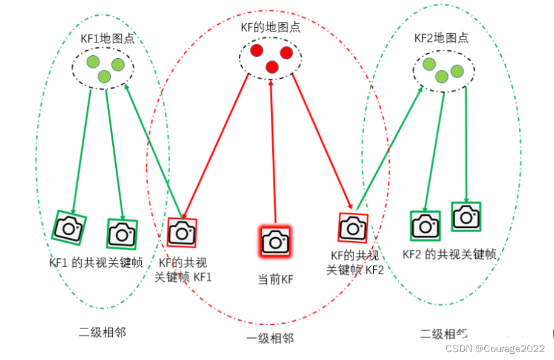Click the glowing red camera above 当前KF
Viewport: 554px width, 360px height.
(276, 241)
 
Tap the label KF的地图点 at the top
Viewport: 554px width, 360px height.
(270, 27)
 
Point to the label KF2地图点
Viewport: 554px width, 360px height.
(441, 38)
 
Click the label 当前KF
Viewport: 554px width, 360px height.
(276, 279)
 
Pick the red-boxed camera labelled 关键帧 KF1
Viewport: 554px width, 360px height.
(181, 232)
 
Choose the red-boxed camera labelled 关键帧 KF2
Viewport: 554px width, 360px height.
(352, 227)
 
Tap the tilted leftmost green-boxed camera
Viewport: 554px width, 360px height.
(69, 227)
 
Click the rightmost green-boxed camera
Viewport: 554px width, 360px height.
(466, 216)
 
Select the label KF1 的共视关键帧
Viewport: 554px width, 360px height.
(96, 262)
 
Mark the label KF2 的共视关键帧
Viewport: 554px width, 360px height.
(449, 254)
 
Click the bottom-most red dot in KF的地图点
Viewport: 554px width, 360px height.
(272, 67)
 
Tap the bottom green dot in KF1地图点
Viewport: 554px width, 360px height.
(104, 76)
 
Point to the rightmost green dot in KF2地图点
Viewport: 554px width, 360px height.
(457, 72)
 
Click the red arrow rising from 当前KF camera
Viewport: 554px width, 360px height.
(273, 152)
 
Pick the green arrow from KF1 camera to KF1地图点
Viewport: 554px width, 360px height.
(149, 152)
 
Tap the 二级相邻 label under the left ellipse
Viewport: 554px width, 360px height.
(102, 332)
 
